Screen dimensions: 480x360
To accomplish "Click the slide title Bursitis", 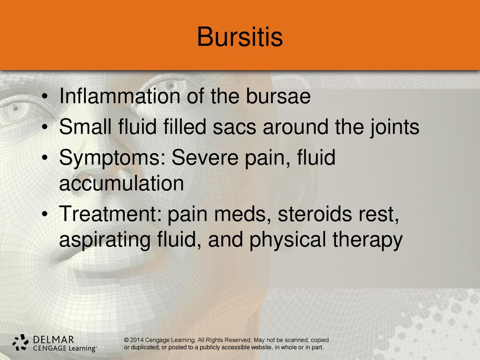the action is pyautogui.click(x=240, y=37).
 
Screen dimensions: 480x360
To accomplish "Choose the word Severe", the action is pyautogui.click(x=205, y=157).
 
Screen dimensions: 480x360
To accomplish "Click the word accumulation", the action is pyautogui.click(x=121, y=183).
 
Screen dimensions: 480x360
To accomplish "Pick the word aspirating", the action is pyautogui.click(x=105, y=240).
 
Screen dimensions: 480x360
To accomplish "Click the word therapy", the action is pyautogui.click(x=367, y=240).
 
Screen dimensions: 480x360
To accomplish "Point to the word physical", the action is pyautogui.click(x=288, y=240).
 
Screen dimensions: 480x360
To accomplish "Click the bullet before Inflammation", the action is pyautogui.click(x=45, y=97).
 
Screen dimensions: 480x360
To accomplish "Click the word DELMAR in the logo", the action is pyautogui.click(x=53, y=339).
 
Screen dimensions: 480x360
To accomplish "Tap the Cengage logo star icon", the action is pyautogui.click(x=21, y=342).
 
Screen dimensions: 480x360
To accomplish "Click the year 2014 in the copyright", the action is pyautogui.click(x=136, y=340).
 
